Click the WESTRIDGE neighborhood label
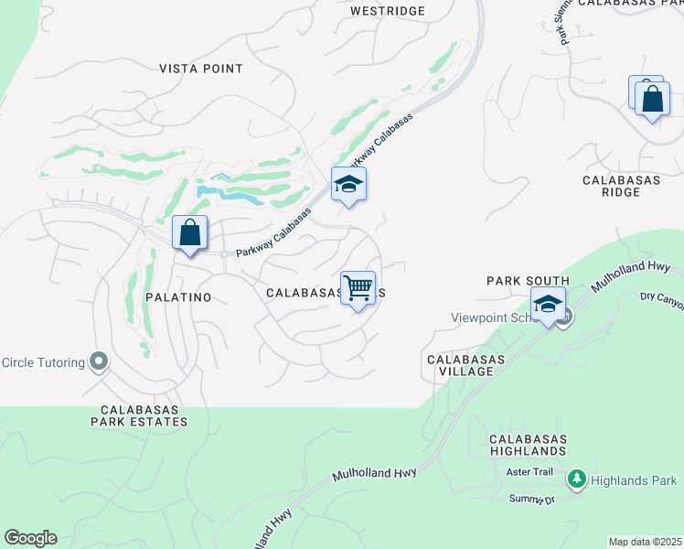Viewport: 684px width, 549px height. tap(388, 11)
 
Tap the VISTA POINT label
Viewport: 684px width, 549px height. tap(201, 69)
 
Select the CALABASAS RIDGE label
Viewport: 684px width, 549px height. tap(622, 188)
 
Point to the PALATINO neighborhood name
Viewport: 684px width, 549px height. tap(178, 297)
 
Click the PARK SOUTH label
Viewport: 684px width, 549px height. tap(528, 281)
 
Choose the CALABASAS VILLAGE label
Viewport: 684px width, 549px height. tap(465, 366)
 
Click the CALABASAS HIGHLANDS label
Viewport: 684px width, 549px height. tap(527, 446)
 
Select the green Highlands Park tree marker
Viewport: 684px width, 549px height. tap(576, 479)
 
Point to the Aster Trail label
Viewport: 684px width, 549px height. tap(530, 472)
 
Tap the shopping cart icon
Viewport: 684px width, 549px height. tap(358, 287)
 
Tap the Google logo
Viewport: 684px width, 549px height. tap(30, 538)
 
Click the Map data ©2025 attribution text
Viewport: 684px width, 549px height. tap(646, 542)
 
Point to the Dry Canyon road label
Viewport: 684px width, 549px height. tap(660, 299)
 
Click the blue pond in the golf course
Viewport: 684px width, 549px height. tap(229, 193)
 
